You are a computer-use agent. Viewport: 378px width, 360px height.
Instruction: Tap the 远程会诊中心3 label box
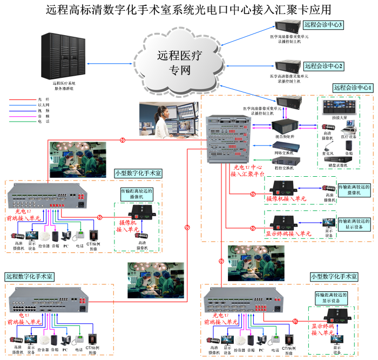coord(323,25)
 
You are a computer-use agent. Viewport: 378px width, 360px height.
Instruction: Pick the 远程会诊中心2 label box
coord(323,66)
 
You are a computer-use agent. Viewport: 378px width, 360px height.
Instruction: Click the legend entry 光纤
coord(44,100)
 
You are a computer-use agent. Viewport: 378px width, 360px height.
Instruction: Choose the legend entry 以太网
coord(44,105)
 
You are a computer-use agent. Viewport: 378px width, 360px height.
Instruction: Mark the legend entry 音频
coord(44,116)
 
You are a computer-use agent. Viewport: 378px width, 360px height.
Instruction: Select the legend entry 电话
coord(44,122)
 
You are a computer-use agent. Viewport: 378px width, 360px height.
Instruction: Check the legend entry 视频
coord(44,111)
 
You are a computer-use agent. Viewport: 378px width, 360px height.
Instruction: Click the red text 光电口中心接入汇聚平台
coord(248,171)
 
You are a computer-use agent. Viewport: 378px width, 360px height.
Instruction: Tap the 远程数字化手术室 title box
coord(30,276)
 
